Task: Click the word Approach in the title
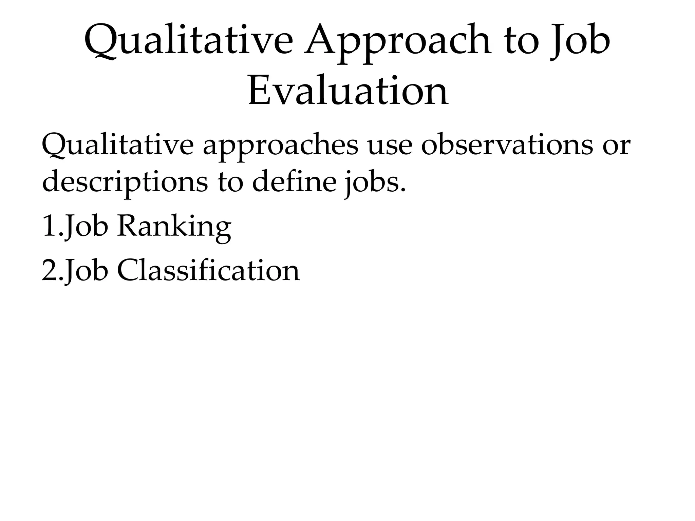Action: (x=397, y=42)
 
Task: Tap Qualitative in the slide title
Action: (x=188, y=42)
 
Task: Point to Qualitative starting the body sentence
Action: (x=117, y=146)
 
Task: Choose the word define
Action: (x=294, y=181)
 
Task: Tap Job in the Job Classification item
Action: (x=86, y=271)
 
